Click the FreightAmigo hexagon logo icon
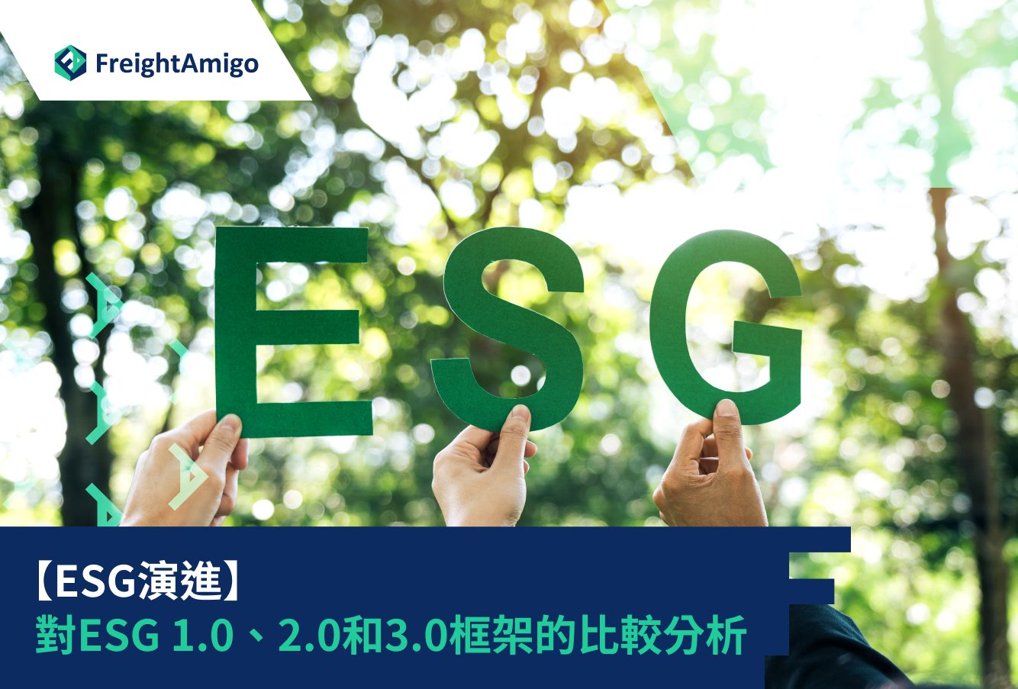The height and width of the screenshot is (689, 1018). (70, 63)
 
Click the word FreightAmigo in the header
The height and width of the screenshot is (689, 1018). (177, 63)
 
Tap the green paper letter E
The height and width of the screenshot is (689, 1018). (293, 332)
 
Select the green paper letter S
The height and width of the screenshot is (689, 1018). (507, 328)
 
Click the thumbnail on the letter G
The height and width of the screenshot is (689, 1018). (726, 408)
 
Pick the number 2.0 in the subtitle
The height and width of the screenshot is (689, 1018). (308, 635)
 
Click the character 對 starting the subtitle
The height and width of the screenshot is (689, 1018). (56, 635)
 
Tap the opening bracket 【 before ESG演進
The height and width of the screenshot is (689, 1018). (44, 581)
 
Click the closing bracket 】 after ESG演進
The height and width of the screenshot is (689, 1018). (233, 581)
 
